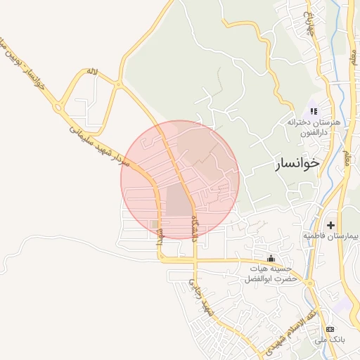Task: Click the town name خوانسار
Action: (295, 163)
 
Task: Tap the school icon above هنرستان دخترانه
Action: (314, 110)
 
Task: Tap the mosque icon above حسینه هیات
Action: (271, 257)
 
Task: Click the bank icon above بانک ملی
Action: (330, 329)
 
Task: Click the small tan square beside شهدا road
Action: (154, 224)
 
